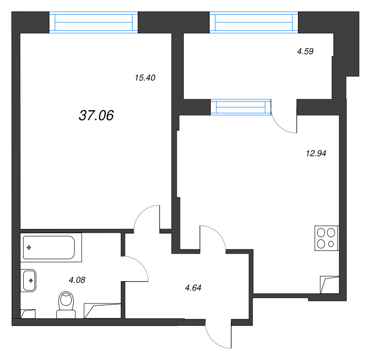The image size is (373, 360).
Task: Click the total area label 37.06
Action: coord(97,115)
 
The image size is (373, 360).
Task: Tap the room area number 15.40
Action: coord(145,77)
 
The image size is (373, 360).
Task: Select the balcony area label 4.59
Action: coord(305,51)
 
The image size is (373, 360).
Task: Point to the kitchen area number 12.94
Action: coord(316,153)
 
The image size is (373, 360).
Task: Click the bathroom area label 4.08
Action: coord(77,280)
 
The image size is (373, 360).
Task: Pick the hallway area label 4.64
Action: coord(193,288)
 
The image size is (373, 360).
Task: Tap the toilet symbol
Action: coord(66,305)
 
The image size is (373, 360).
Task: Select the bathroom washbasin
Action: coord(28,281)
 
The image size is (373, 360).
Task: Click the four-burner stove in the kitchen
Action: coord(327,238)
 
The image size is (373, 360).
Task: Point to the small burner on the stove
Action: coord(331,244)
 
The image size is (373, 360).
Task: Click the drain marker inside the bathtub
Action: coord(29,248)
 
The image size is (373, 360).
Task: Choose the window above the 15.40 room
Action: coord(94,22)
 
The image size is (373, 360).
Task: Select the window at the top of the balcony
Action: coord(254,22)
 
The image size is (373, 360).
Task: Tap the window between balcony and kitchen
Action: coord(241,107)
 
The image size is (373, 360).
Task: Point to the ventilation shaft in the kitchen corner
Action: coord(330,284)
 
